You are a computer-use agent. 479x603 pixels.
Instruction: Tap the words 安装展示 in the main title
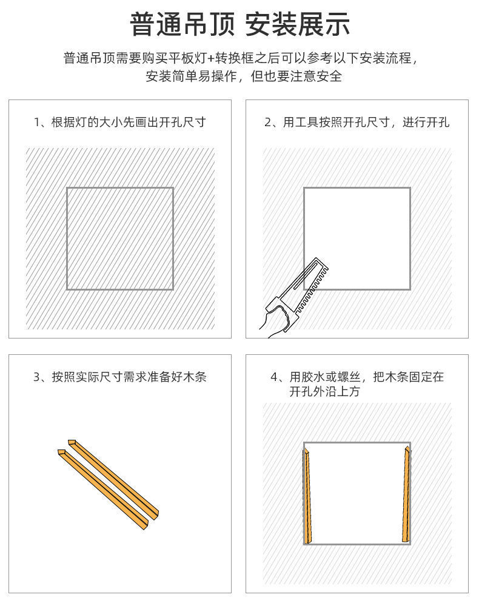(298, 25)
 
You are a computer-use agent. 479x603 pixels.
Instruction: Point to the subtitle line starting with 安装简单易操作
(244, 76)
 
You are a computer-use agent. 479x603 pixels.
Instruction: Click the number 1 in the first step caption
(36, 123)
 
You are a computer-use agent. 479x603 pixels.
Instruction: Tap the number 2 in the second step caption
(267, 123)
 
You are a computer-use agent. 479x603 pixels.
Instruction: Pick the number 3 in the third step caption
(36, 377)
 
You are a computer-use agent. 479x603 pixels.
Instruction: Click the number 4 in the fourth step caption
(274, 377)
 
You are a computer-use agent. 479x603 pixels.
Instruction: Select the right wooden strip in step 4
(406, 494)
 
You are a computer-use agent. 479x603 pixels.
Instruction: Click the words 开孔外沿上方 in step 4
(324, 392)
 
